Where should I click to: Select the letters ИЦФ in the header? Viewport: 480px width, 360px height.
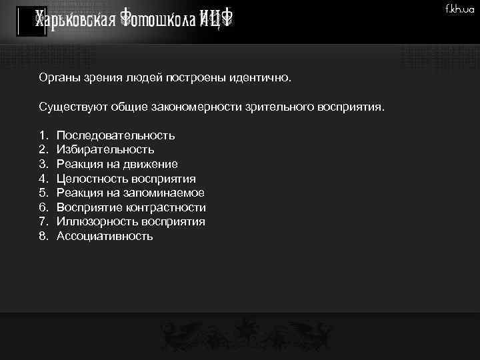coord(213,20)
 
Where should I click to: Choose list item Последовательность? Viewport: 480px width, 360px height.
coord(115,135)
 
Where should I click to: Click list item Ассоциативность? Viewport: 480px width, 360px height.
coord(105,236)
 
